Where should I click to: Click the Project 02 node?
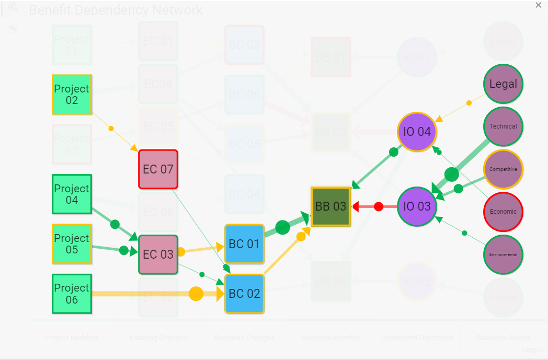[72, 95]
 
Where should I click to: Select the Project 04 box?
[72, 194]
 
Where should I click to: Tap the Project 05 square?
[72, 244]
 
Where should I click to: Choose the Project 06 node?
[72, 294]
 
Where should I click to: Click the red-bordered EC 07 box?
[158, 169]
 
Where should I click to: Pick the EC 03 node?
[158, 254]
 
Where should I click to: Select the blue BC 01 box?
[244, 244]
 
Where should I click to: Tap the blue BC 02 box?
[244, 294]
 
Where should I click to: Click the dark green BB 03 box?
[330, 206]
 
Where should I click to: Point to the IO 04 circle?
[417, 132]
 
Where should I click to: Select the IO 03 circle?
[417, 206]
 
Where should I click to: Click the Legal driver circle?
[503, 84]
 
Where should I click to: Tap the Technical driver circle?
[503, 126]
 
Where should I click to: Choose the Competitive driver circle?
[503, 169]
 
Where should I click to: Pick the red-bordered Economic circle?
[503, 212]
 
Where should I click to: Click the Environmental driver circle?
[503, 254]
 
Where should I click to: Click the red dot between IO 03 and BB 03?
[379, 206]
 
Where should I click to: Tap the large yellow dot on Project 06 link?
[196, 294]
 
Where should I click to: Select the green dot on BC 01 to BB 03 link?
[282, 227]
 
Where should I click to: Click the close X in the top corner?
[539, 5]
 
